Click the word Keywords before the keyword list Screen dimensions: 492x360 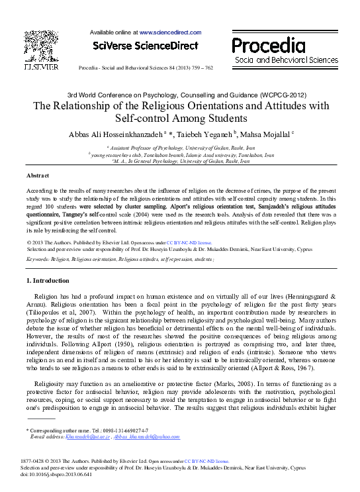point(38,260)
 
